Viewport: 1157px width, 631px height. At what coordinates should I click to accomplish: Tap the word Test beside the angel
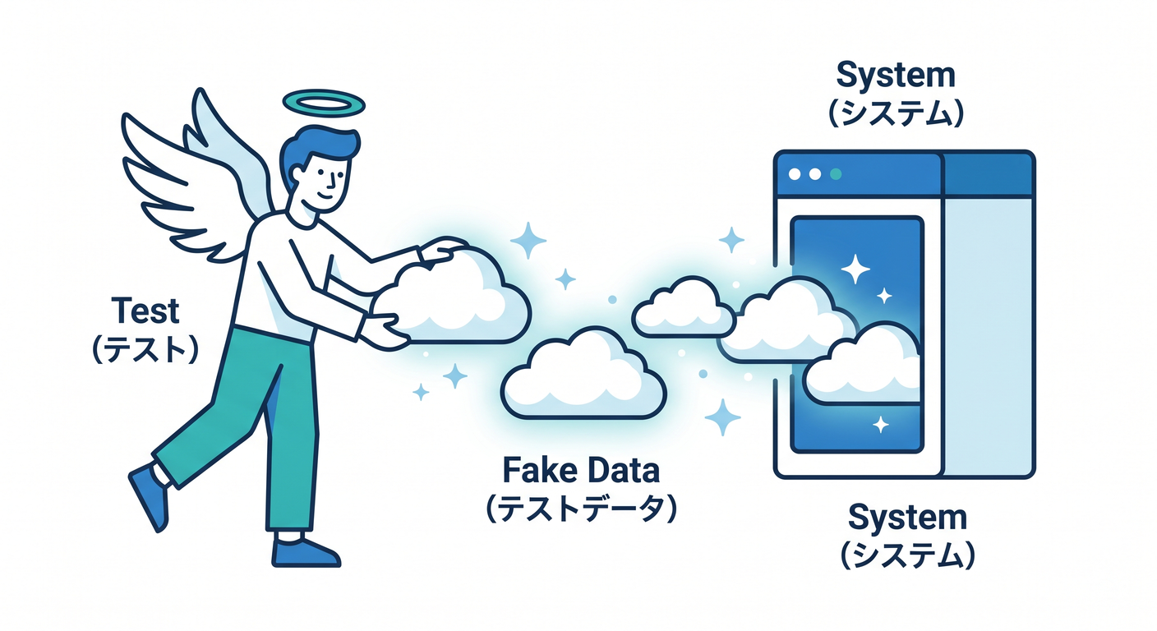[145, 311]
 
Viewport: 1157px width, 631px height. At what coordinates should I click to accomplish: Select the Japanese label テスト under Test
[145, 349]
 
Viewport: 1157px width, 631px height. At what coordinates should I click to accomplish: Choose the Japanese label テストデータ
[581, 509]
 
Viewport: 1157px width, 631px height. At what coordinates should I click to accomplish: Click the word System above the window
[896, 76]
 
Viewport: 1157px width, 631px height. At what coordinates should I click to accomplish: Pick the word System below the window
[907, 518]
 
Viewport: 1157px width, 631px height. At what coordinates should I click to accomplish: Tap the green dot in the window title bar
[835, 174]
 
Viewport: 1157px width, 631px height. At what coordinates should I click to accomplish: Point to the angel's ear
[297, 174]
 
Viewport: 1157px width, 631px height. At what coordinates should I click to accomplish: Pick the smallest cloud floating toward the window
[683, 307]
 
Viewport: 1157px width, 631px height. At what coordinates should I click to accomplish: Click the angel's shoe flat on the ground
[305, 552]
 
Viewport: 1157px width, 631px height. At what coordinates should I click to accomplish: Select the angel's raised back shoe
[150, 495]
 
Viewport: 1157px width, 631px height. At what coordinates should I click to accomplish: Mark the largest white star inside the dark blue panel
[855, 269]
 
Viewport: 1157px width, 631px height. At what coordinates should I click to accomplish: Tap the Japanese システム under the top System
[897, 113]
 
